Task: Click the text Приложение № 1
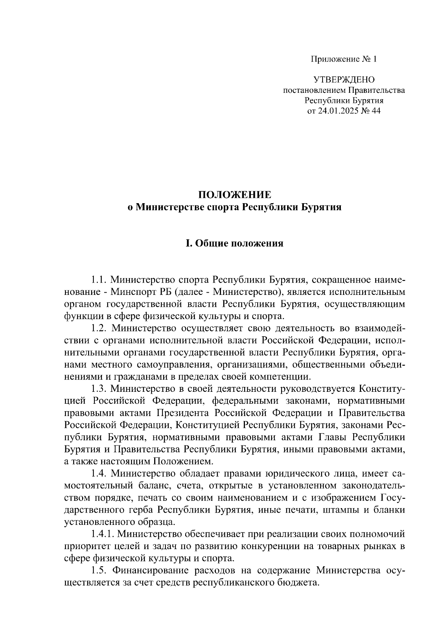point(344,59)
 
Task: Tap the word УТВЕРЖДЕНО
point(344,80)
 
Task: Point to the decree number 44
point(376,111)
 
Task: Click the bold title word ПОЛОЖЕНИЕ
point(234,195)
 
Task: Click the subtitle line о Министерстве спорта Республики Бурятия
point(234,207)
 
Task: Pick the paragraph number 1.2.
point(99,328)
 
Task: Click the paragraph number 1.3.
point(99,389)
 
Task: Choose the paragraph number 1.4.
point(99,474)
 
